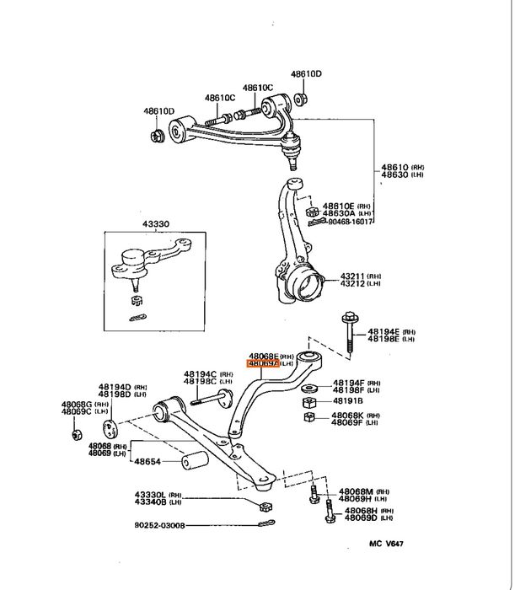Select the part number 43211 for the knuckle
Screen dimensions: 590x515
351,276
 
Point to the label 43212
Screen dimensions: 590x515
351,284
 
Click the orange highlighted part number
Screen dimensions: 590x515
261,364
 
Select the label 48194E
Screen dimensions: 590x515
378,332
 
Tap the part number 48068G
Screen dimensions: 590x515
77,405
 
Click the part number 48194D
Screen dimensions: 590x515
115,385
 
